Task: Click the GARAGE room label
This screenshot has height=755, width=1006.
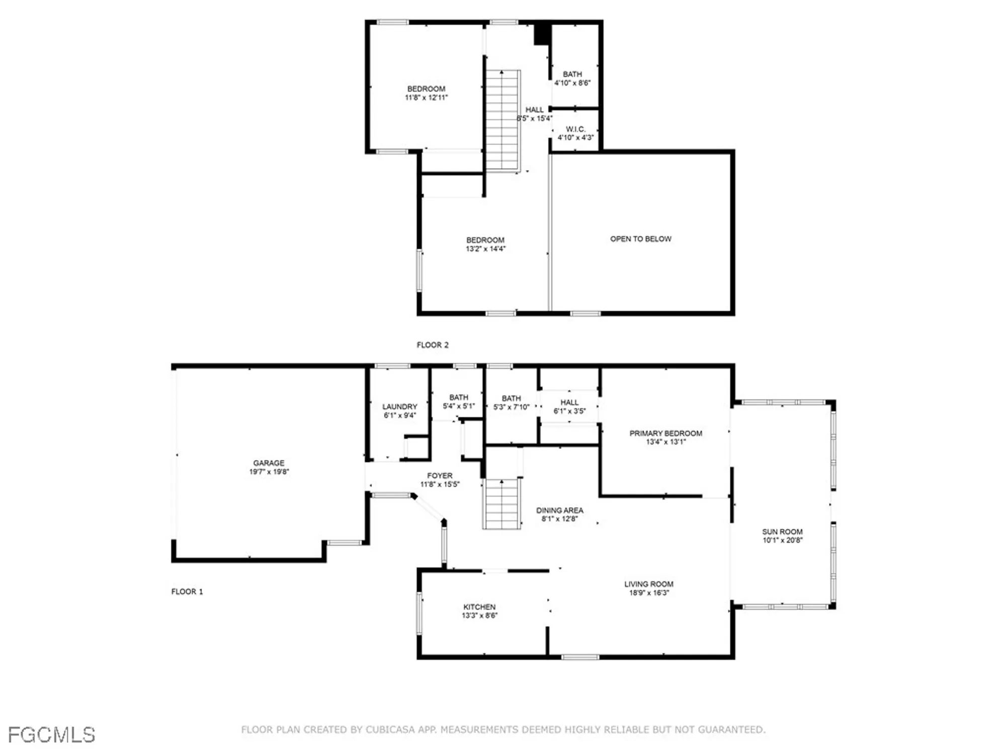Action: pyautogui.click(x=269, y=463)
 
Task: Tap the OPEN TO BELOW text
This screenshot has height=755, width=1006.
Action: pyautogui.click(x=640, y=239)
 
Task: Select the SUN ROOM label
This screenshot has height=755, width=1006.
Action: pyautogui.click(x=782, y=532)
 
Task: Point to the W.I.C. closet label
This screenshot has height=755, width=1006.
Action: pyautogui.click(x=575, y=129)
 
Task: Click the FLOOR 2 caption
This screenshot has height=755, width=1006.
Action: pyautogui.click(x=432, y=345)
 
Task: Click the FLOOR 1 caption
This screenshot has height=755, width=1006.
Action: pyautogui.click(x=187, y=591)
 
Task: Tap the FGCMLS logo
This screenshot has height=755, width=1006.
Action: pyautogui.click(x=51, y=735)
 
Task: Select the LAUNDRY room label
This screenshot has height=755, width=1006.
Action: pyautogui.click(x=399, y=407)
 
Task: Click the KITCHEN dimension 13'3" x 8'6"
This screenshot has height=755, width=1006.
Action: pyautogui.click(x=479, y=616)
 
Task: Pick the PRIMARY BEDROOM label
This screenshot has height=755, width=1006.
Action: pyautogui.click(x=665, y=433)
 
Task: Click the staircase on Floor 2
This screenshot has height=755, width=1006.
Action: pyautogui.click(x=502, y=121)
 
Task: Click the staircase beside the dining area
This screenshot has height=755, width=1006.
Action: pyautogui.click(x=501, y=503)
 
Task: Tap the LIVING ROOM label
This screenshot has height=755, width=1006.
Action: pyautogui.click(x=648, y=584)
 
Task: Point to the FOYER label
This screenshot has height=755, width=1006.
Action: pyautogui.click(x=440, y=476)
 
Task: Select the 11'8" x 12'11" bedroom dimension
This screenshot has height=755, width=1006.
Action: pyautogui.click(x=426, y=98)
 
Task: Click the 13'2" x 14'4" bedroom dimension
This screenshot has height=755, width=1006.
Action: pyautogui.click(x=485, y=249)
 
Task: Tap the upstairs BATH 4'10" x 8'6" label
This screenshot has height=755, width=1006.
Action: pyautogui.click(x=572, y=74)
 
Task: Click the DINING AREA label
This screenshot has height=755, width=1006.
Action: pyautogui.click(x=559, y=510)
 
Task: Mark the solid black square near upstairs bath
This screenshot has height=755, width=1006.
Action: pyautogui.click(x=542, y=35)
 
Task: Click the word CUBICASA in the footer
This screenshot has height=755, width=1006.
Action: pyautogui.click(x=394, y=729)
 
